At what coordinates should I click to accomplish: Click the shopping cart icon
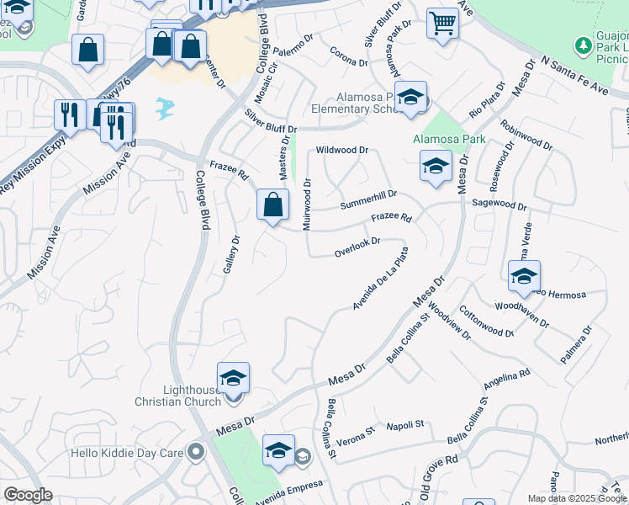[442, 24]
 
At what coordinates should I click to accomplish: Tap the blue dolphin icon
[166, 107]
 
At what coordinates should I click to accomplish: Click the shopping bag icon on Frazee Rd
[273, 205]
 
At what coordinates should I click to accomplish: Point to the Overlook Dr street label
[357, 246]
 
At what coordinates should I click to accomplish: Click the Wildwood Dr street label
[342, 151]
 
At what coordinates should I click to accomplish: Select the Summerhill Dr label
[368, 199]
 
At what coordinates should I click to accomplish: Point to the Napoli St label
[405, 427]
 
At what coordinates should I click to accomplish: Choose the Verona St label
[357, 435]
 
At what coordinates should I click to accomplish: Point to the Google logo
[28, 495]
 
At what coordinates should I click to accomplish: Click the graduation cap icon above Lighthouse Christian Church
[233, 378]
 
